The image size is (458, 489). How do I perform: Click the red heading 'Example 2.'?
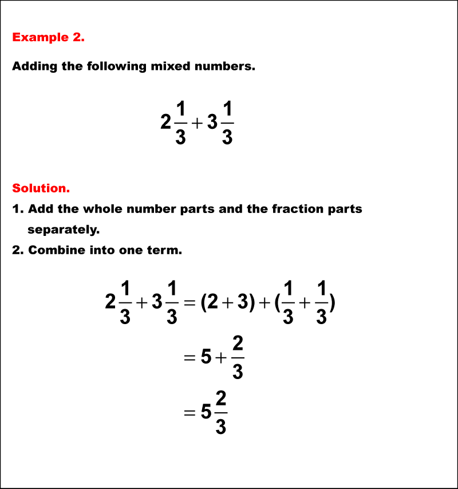pos(48,38)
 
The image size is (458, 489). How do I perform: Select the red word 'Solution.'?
pos(41,188)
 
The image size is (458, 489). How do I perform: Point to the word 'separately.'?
pos(64,230)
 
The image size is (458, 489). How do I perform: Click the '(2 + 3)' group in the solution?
pos(227,302)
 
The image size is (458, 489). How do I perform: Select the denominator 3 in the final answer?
pos(222,427)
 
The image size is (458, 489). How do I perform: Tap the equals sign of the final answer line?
pos(190,413)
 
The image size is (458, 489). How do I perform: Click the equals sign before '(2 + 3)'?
pos(190,302)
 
